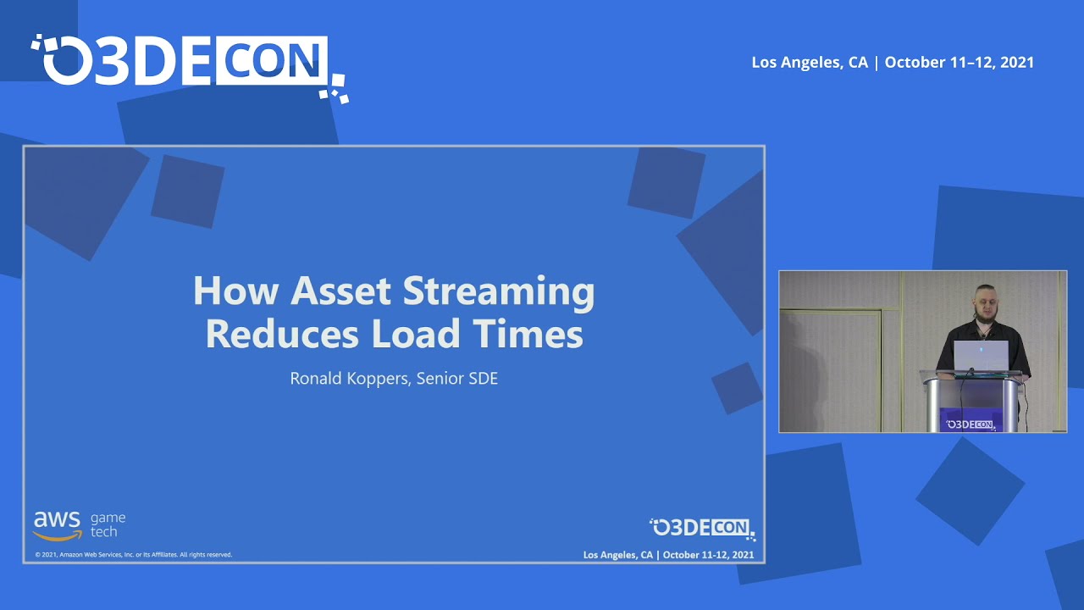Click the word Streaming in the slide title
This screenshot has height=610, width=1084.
pyautogui.click(x=499, y=292)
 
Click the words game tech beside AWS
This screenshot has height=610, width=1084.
pyautogui.click(x=108, y=524)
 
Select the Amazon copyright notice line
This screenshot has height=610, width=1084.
pyautogui.click(x=133, y=555)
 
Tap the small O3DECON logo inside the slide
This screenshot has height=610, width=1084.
pyautogui.click(x=702, y=528)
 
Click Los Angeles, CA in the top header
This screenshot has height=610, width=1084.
pyautogui.click(x=810, y=63)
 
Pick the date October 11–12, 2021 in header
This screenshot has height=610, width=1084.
pyautogui.click(x=960, y=63)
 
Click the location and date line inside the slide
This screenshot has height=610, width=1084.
pyautogui.click(x=668, y=555)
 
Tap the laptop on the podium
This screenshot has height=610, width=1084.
pyautogui.click(x=981, y=356)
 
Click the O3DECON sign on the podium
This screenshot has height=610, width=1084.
pyautogui.click(x=971, y=424)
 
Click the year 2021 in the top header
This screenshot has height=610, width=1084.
pyautogui.click(x=1016, y=63)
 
